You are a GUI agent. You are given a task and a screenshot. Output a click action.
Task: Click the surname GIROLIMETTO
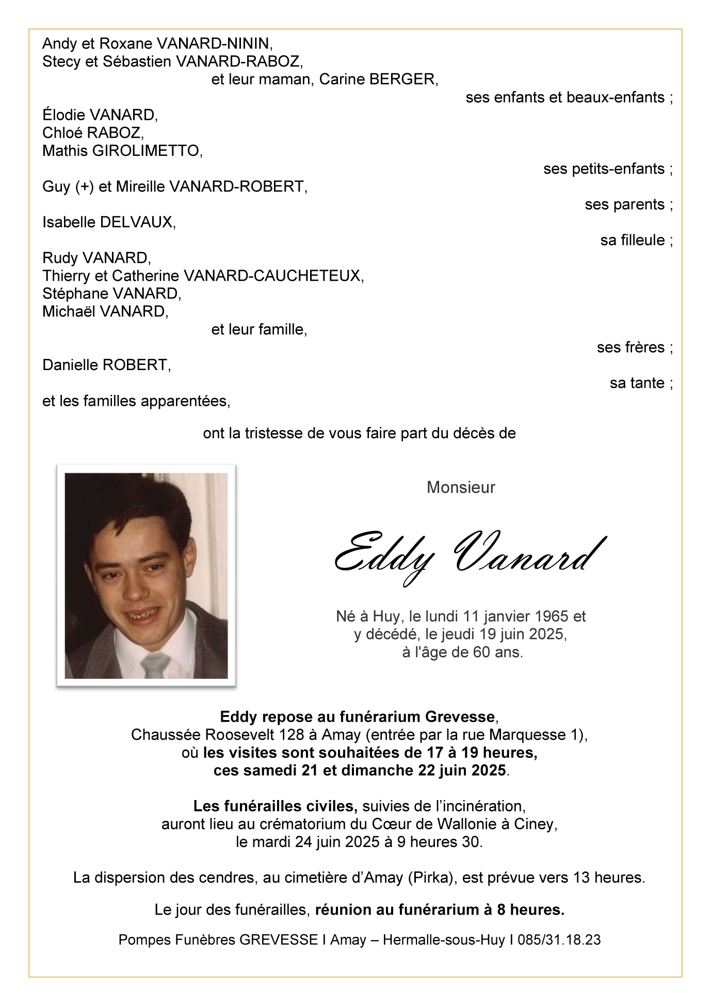click(x=147, y=151)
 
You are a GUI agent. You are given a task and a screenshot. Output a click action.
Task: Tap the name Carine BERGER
click(x=378, y=79)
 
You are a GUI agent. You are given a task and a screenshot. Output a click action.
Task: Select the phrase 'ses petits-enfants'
click(x=604, y=169)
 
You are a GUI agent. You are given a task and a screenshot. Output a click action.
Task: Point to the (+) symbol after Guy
click(x=84, y=187)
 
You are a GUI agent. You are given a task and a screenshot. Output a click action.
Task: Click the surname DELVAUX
click(x=136, y=222)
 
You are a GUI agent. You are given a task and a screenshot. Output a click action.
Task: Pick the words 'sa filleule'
click(x=633, y=241)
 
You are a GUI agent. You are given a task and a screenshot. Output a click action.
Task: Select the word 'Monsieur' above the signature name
click(x=461, y=487)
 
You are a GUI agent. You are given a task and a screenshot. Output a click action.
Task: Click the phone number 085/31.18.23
click(x=559, y=940)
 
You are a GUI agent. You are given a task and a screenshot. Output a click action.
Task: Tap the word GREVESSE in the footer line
click(x=278, y=940)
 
